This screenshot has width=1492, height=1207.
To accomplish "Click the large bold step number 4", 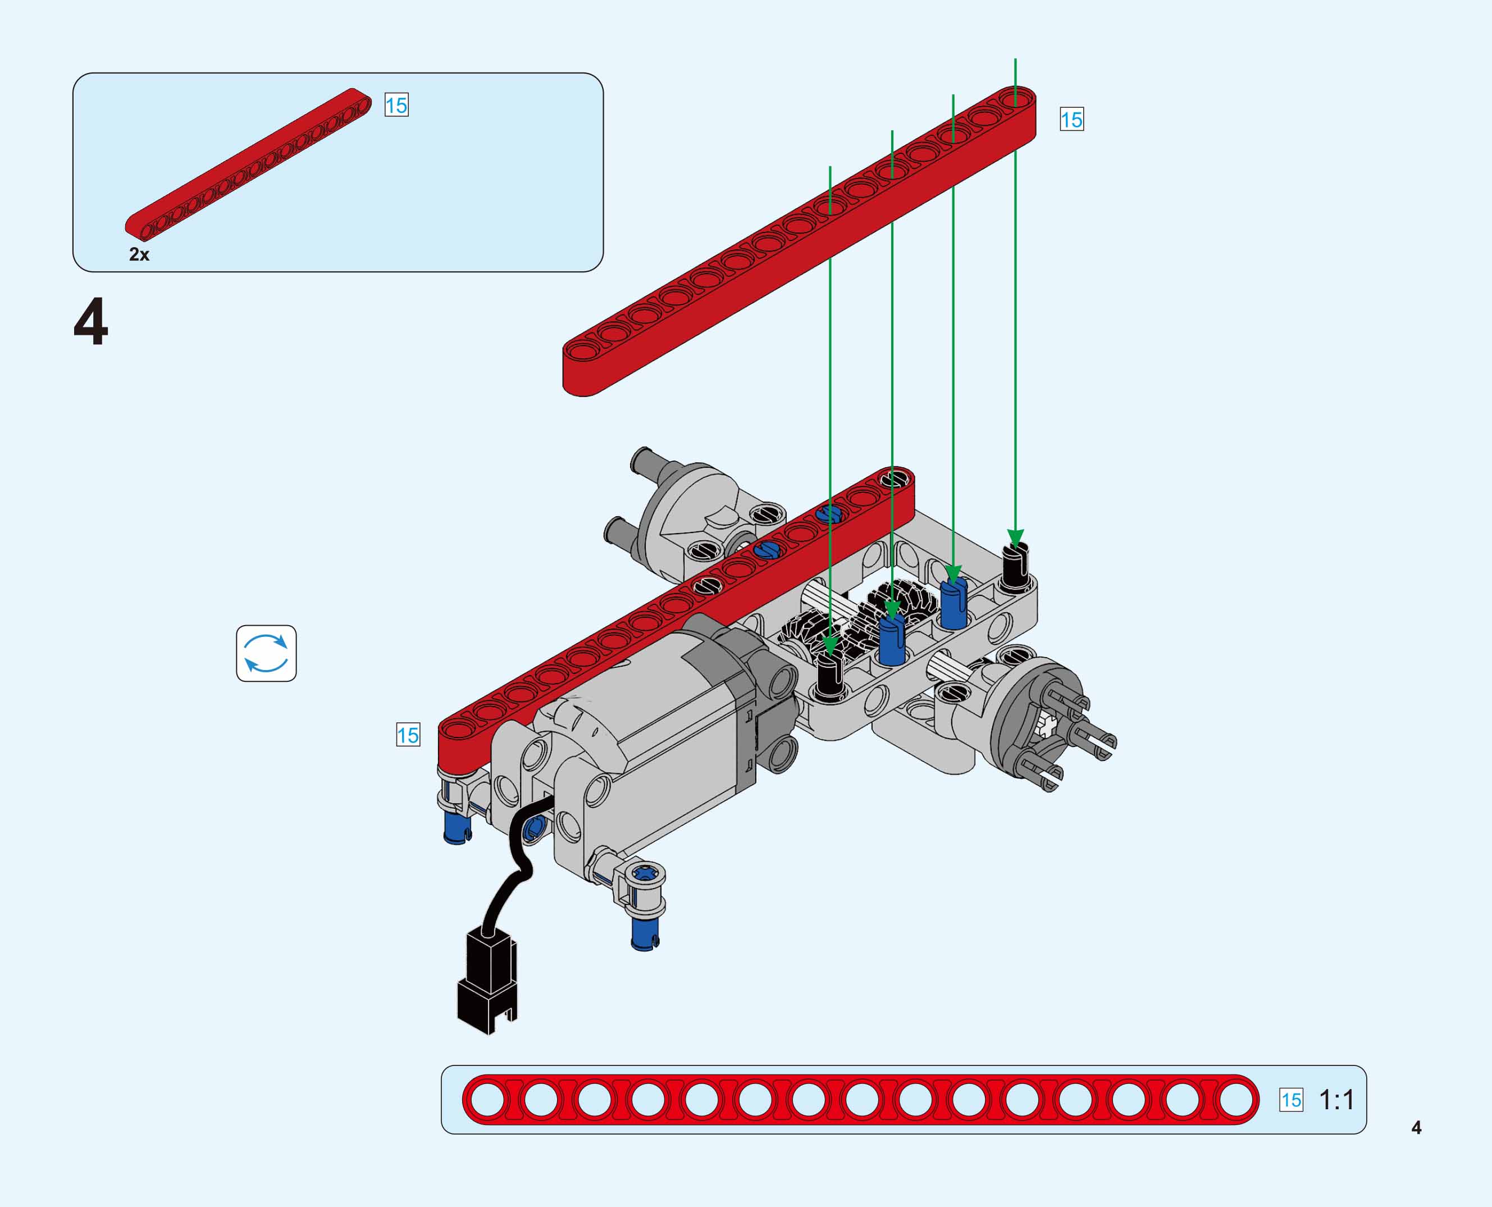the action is point(91,321).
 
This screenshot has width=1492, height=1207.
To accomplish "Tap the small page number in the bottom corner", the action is point(1416,1128).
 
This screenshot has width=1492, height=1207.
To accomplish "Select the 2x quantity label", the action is point(139,254).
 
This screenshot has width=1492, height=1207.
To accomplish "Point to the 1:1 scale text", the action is point(1336,1100).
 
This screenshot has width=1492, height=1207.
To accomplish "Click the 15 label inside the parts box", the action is point(396,105).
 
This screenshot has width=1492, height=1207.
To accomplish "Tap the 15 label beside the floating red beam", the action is point(1071,120).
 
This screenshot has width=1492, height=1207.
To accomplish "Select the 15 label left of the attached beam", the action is point(408,735).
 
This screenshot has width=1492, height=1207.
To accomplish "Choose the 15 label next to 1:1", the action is point(1291,1100).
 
